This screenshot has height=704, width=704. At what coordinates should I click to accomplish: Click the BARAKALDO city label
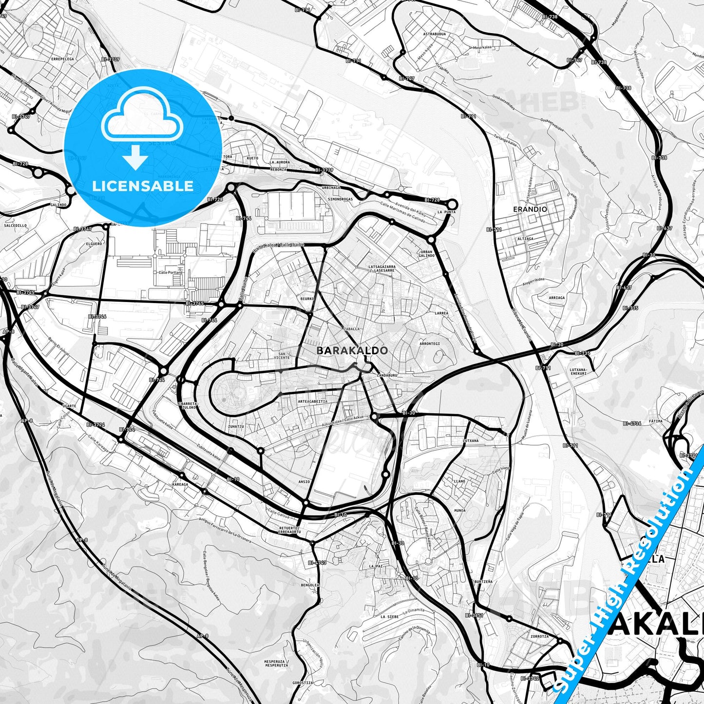point(352,350)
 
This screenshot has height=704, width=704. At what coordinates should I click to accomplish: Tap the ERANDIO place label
point(530,209)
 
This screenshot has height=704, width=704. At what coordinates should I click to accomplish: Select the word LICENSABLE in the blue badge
point(143,186)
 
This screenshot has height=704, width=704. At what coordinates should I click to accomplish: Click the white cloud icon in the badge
point(142,117)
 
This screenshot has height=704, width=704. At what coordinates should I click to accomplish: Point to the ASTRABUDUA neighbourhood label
point(434,35)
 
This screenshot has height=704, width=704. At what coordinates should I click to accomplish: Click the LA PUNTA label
point(446,212)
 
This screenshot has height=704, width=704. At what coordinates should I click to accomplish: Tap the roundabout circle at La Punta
point(452,204)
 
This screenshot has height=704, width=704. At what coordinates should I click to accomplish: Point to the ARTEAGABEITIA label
point(312,401)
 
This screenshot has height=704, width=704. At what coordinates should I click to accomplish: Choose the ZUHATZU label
point(236,426)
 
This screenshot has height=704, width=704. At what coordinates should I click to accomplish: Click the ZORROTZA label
point(539,636)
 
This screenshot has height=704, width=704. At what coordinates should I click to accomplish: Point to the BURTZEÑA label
point(483,582)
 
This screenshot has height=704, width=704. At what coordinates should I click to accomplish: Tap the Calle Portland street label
point(171,272)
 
